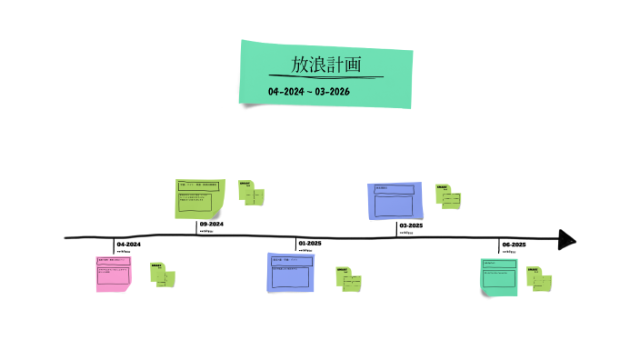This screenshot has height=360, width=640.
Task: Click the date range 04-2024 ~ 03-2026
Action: pyautogui.click(x=309, y=92)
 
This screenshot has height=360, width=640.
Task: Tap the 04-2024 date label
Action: pyautogui.click(x=128, y=245)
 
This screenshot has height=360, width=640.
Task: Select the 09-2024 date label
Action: pyautogui.click(x=212, y=224)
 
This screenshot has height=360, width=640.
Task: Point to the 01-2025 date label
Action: pyautogui.click(x=309, y=244)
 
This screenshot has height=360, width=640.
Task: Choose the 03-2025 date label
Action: pyautogui.click(x=411, y=225)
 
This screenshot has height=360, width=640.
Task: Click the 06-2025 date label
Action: pyautogui.click(x=514, y=245)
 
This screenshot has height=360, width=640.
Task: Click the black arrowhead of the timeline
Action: pyautogui.click(x=567, y=239)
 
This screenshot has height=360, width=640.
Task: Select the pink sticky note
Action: pyautogui.click(x=114, y=274)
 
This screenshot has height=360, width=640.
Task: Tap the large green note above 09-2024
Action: pyautogui.click(x=200, y=199)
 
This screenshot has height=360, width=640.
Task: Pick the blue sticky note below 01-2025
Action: pyautogui.click(x=291, y=272)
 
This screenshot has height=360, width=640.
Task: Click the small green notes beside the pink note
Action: pyautogui.click(x=164, y=275)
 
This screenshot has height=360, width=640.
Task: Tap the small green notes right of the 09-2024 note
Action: pyautogui.click(x=252, y=193)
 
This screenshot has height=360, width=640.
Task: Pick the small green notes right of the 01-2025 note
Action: pyautogui.click(x=349, y=278)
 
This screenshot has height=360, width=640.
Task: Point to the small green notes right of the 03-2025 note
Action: pyautogui.click(x=448, y=195)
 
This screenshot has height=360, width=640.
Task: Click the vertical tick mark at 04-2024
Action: pyautogui.click(x=115, y=245)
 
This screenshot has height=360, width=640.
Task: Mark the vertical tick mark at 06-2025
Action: pyautogui.click(x=499, y=245)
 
